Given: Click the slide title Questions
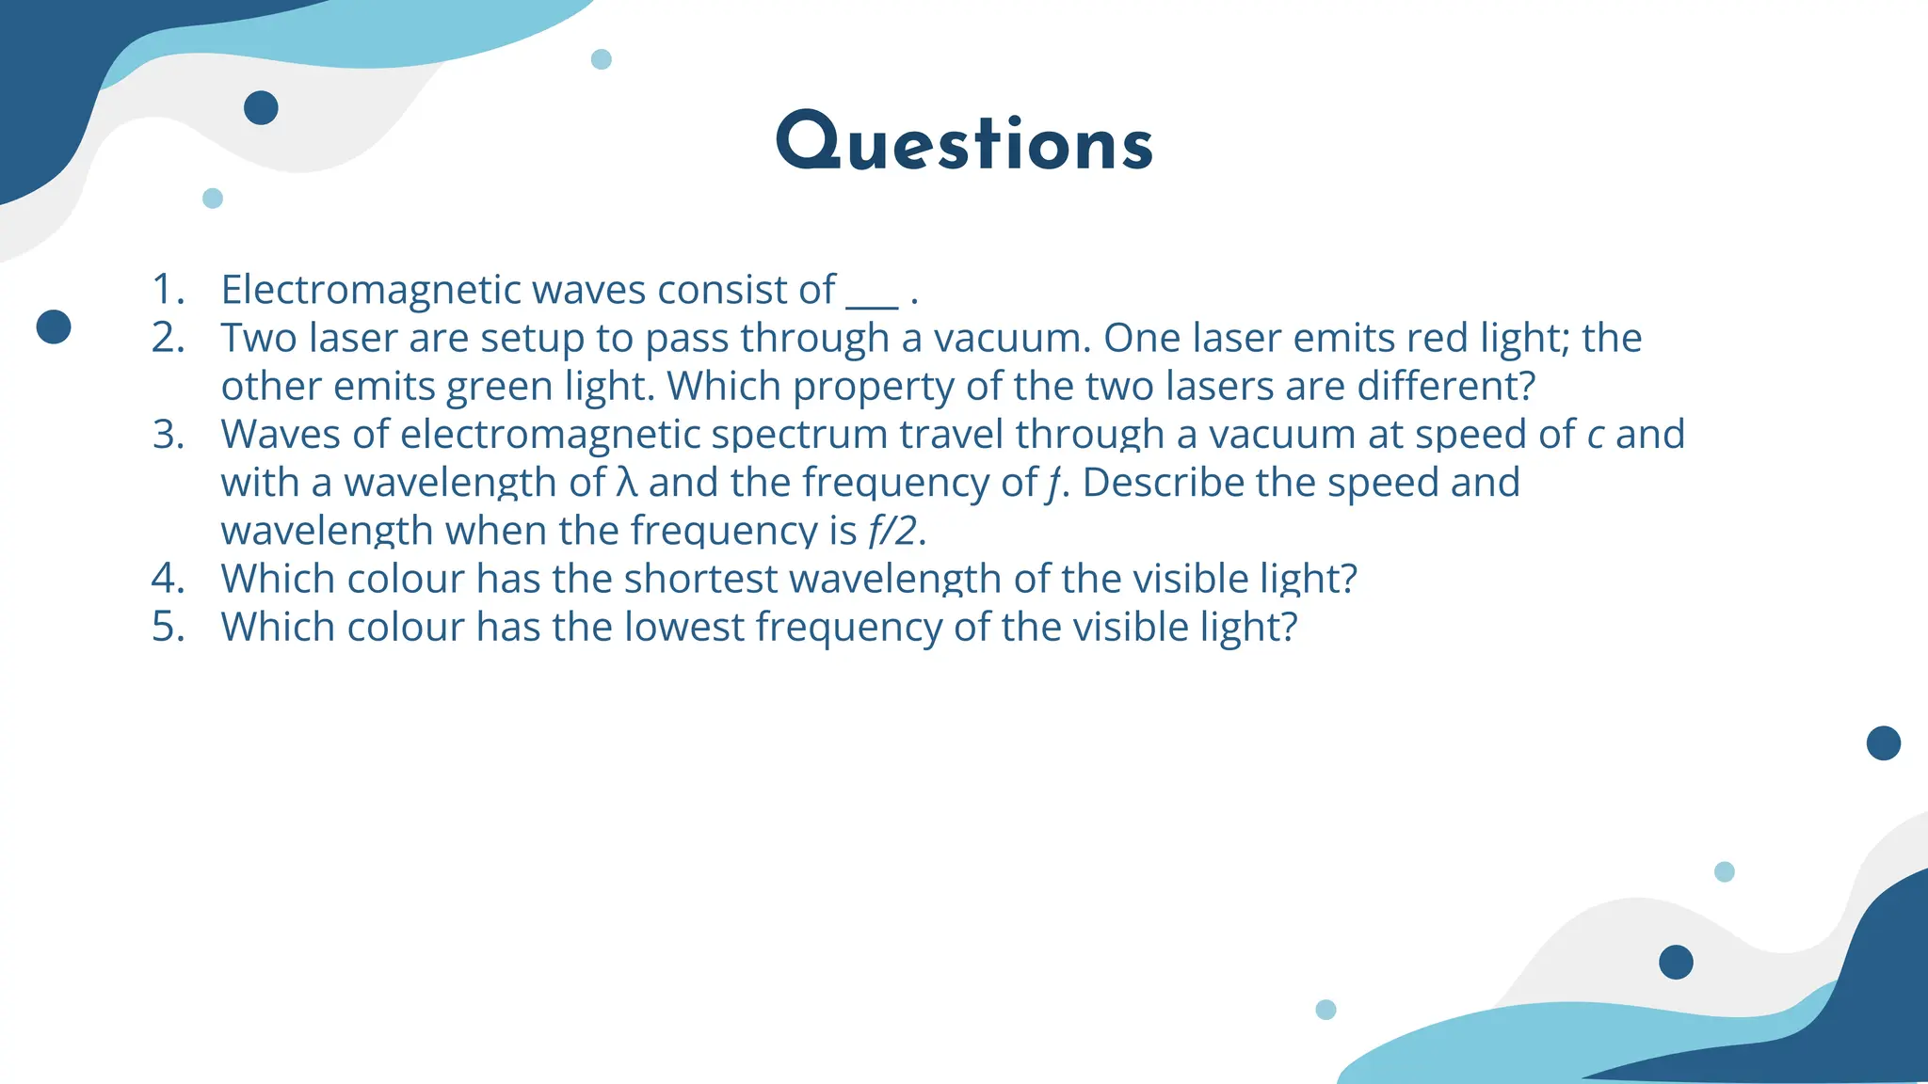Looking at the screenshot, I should (x=964, y=143).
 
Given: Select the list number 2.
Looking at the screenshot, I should (x=168, y=338).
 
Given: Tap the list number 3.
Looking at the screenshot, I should (x=168, y=435).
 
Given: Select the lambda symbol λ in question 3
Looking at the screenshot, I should (x=627, y=483).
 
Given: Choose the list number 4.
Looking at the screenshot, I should (x=168, y=579).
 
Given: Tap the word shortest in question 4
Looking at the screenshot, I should (x=700, y=579).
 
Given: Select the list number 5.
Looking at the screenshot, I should (x=168, y=627).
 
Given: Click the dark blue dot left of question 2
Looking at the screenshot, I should (x=54, y=327).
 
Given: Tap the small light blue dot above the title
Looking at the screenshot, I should (x=601, y=59).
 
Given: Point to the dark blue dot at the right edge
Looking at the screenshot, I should (x=1883, y=743).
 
